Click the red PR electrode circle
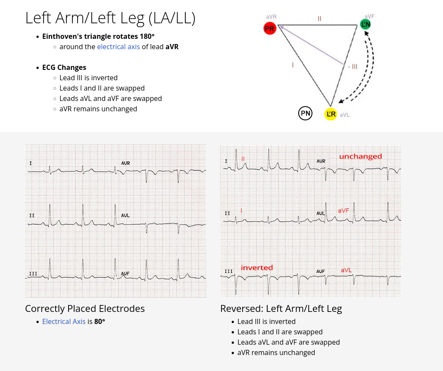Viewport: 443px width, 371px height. [270, 29]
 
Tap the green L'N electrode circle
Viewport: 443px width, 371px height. [365, 24]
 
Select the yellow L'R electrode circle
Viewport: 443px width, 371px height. [331, 114]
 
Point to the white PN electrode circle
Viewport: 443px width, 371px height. [305, 113]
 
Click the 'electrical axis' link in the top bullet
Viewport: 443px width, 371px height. [119, 47]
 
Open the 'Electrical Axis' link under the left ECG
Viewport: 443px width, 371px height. [64, 321]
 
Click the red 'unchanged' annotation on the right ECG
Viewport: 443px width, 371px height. [360, 157]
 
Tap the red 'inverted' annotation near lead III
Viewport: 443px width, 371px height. [257, 267]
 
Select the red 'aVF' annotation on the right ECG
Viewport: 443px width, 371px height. [343, 211]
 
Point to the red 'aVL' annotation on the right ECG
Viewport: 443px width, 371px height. [346, 270]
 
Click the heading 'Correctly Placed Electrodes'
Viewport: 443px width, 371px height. [85, 308]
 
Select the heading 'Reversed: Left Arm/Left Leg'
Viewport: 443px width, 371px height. [281, 308]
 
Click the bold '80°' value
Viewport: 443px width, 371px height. [100, 321]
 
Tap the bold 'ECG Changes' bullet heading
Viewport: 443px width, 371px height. [64, 67]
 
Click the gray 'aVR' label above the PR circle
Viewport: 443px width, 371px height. [271, 17]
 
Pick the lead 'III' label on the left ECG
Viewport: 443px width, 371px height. [33, 274]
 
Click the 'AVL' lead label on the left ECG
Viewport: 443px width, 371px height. [125, 215]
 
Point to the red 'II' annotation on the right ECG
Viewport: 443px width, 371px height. [243, 159]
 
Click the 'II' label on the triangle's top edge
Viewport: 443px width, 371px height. [319, 19]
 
